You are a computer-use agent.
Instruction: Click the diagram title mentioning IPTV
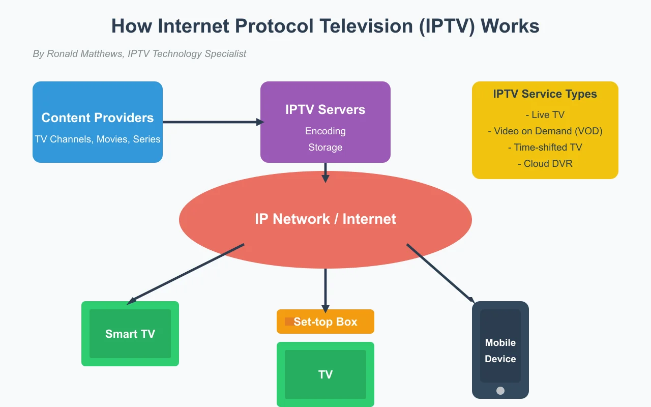[x=325, y=26]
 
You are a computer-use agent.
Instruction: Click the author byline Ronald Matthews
[x=139, y=53]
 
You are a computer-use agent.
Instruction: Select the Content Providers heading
[x=97, y=118]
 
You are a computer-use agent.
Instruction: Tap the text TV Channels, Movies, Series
[x=97, y=139]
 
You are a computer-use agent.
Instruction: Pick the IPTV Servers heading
[x=325, y=109]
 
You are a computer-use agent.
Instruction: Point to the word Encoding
[x=325, y=131]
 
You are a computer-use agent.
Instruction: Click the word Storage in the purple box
[x=325, y=147]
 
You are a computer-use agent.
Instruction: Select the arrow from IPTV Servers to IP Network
[x=325, y=171]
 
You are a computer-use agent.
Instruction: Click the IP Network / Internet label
[x=325, y=219]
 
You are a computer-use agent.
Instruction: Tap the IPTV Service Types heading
[x=545, y=94]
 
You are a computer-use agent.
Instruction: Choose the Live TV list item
[x=545, y=114]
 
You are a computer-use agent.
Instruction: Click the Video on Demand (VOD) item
[x=545, y=131]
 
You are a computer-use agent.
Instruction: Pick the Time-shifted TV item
[x=545, y=147]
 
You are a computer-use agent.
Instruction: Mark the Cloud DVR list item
[x=545, y=163]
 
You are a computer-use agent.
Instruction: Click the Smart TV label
[x=130, y=334]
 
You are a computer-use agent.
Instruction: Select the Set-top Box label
[x=325, y=322]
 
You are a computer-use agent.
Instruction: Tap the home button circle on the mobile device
[x=500, y=391]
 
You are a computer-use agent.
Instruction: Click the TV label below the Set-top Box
[x=325, y=374]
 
